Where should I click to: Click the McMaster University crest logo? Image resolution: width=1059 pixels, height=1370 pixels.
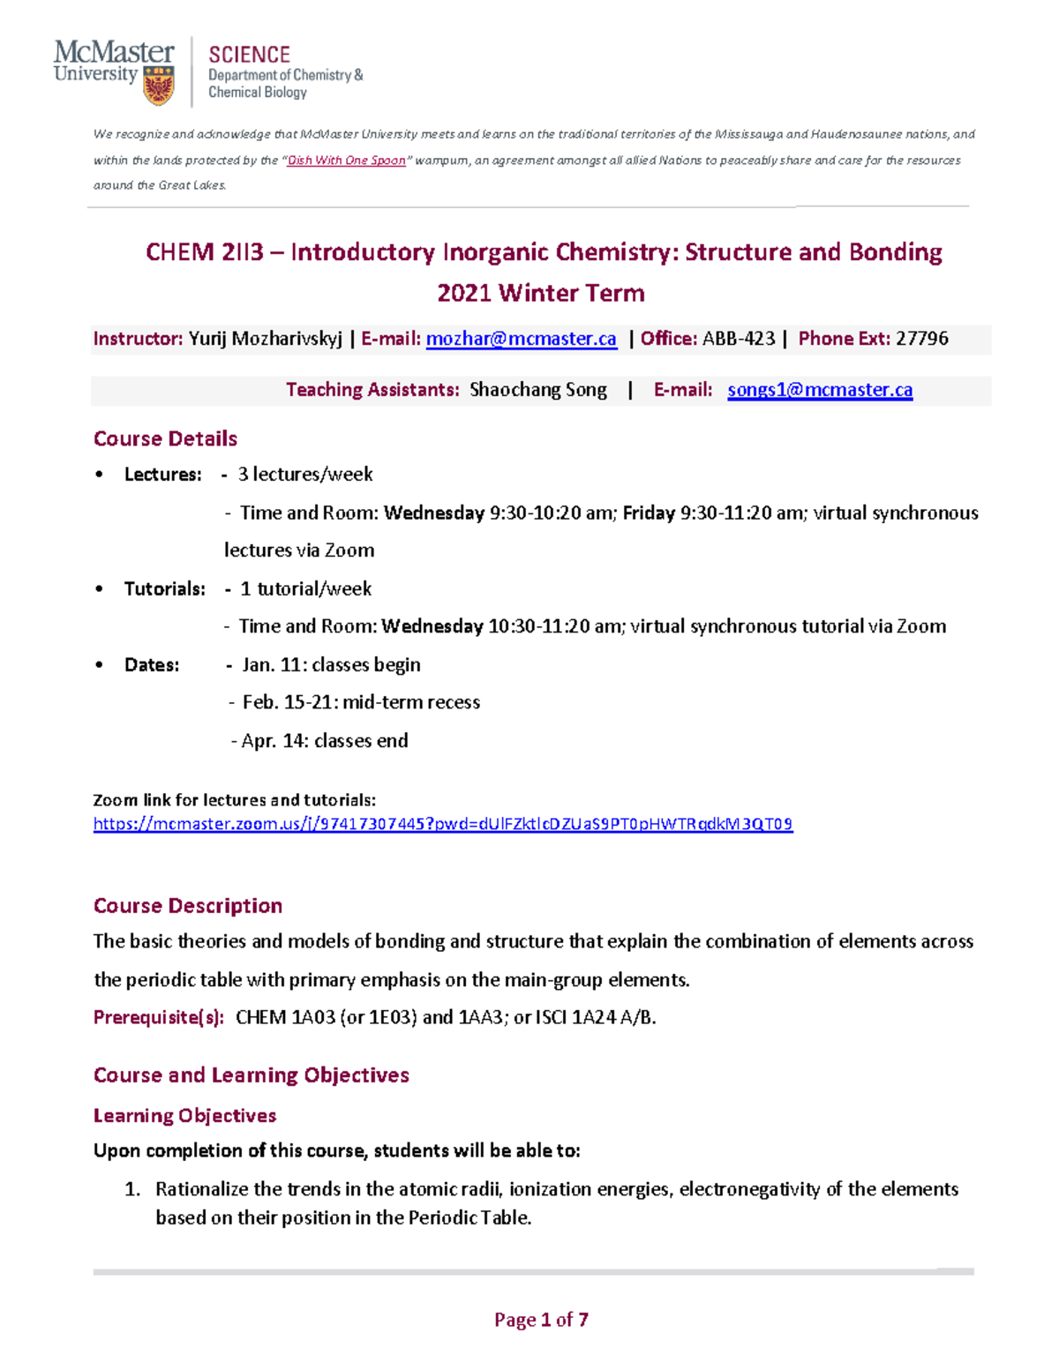pos(158,86)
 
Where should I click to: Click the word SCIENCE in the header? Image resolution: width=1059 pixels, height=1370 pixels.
pos(249,55)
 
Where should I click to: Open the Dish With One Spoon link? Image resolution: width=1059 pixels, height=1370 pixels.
pos(347,161)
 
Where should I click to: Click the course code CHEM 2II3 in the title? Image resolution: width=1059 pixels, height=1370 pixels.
pos(205,252)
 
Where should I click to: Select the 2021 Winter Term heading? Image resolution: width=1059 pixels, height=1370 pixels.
pos(540,293)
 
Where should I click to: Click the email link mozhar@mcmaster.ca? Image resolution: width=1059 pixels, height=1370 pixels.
pos(521,339)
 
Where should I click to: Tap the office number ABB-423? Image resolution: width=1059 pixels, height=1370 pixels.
pos(739,339)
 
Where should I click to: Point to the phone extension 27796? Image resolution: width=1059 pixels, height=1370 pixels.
pos(921,339)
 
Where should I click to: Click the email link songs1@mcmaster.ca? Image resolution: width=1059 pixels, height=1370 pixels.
pos(820,390)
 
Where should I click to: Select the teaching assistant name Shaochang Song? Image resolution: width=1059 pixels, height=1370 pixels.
pos(538,390)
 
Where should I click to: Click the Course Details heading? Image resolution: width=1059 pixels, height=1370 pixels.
pos(165,438)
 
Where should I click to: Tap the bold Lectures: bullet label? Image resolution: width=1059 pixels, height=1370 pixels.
pos(162,475)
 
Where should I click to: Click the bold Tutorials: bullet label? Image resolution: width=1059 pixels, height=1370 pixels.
pos(164,589)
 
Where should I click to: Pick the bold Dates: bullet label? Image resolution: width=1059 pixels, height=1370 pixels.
pos(151,665)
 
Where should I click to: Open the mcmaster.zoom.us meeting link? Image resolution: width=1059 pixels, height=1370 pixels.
pos(443,824)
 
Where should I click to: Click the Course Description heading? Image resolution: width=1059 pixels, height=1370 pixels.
pos(188,906)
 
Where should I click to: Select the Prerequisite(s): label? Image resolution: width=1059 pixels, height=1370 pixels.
pos(159,1018)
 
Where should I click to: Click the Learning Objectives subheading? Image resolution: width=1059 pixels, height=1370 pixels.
pos(184,1116)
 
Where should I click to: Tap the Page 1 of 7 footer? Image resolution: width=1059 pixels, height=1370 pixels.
pos(541,1320)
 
